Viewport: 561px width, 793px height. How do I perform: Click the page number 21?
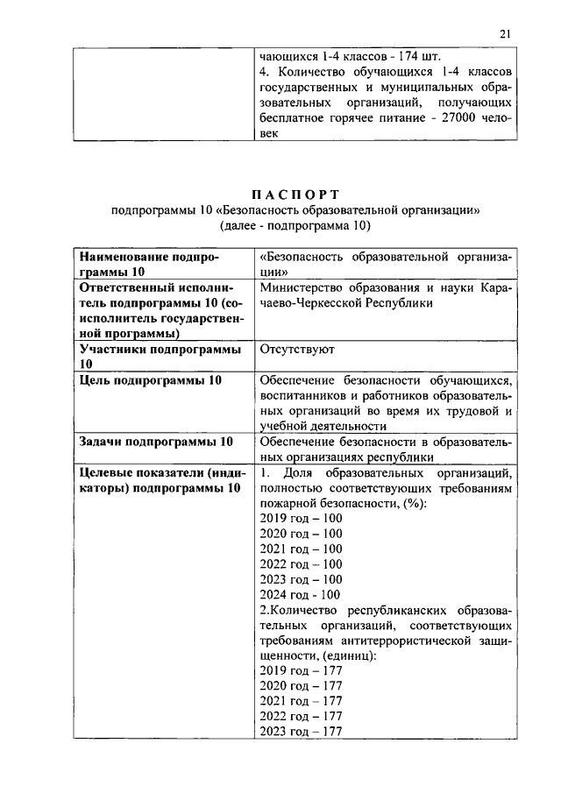coord(505,34)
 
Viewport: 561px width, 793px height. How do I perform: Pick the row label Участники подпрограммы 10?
coord(160,357)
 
